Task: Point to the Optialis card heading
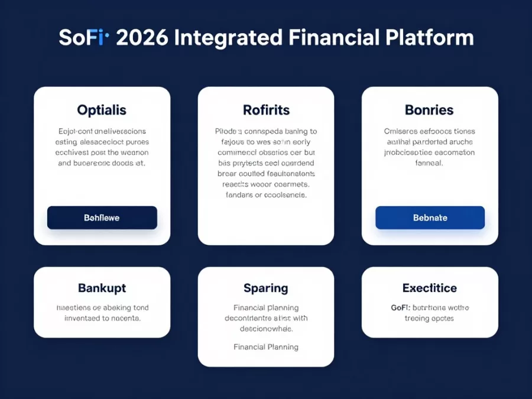[102, 110]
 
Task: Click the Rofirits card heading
[266, 110]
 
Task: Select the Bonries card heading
[429, 110]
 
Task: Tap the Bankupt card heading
[102, 288]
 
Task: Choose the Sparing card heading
[266, 288]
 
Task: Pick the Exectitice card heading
[430, 288]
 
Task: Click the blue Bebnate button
[430, 218]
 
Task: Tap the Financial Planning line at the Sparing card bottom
[266, 347]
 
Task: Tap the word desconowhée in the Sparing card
[266, 329]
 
